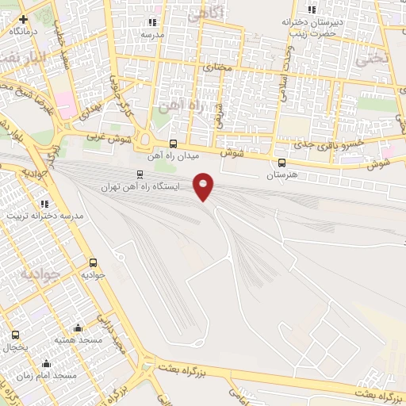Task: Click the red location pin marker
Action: click(x=205, y=186)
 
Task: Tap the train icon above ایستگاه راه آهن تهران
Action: click(x=140, y=174)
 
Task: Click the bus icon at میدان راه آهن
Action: click(x=174, y=144)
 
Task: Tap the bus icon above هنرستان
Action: click(x=282, y=162)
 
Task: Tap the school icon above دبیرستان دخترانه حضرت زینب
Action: click(x=312, y=10)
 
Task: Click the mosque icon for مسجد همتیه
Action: click(x=78, y=328)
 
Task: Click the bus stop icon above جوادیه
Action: click(x=94, y=262)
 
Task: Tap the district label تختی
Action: click(x=371, y=58)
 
